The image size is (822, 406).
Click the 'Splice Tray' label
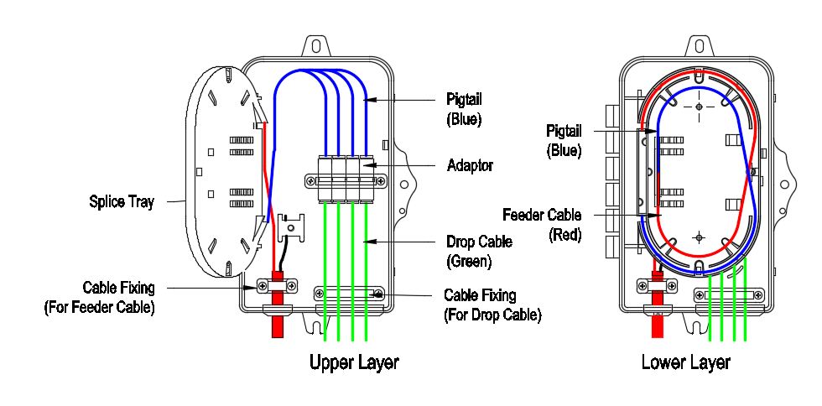coord(122,201)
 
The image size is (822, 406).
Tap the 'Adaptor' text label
coord(470,166)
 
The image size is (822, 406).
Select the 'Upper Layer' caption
coord(354,362)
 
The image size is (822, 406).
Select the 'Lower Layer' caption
coord(685,362)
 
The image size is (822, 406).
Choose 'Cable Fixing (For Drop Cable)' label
coord(492,305)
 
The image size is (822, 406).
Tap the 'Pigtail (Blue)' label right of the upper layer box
coord(465,109)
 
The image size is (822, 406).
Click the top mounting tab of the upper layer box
coord(317,44)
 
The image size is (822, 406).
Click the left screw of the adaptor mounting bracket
coord(310,180)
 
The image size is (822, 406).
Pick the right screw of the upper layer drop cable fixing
coord(377,294)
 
